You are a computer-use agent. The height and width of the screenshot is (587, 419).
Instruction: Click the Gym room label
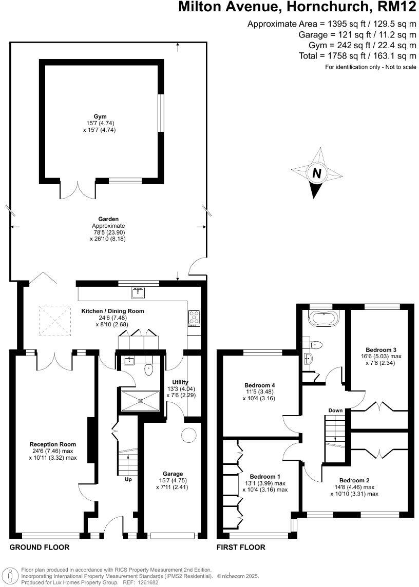pos(101,116)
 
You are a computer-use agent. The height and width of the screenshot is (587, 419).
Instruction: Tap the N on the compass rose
pos(317,174)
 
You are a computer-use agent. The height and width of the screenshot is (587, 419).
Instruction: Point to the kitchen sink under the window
pos(138,293)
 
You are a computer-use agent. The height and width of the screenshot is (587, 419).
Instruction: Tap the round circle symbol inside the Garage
pos(188,435)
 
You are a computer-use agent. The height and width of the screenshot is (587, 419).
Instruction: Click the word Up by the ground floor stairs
pos(128,480)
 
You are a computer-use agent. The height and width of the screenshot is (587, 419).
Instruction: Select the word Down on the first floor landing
pos(335,410)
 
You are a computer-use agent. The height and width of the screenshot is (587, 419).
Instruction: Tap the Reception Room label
pos(53,444)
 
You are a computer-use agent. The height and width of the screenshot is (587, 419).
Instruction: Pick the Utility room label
pos(180,382)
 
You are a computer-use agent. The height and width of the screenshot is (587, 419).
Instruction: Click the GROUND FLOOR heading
pos(40,547)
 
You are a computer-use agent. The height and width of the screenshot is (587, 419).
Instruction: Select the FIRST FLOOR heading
pos(241,547)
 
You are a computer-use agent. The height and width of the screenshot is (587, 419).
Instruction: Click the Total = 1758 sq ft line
pos(357,56)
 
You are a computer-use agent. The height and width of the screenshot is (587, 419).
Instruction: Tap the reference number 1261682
pos(146,582)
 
